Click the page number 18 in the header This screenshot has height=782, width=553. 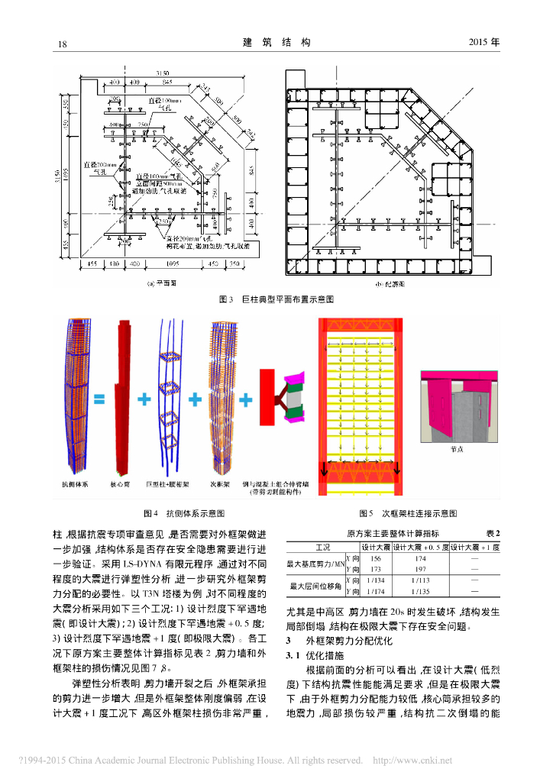(x=63, y=43)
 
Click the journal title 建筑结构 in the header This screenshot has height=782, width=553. (x=276, y=43)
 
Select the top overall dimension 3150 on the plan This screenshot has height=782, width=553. (x=162, y=73)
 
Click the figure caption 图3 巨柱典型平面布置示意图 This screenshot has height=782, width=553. (x=276, y=300)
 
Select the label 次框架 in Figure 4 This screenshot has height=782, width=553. (x=221, y=484)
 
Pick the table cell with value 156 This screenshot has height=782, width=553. (x=375, y=559)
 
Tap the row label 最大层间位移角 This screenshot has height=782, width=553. (x=315, y=586)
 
